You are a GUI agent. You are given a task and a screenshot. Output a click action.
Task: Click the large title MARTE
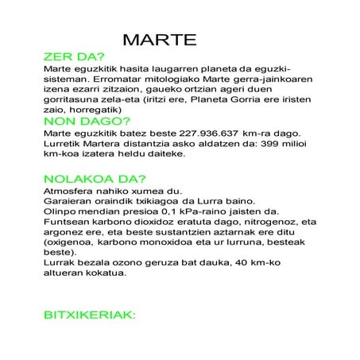pyautogui.click(x=160, y=41)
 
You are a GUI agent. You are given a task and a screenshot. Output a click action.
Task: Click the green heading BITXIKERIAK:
pyautogui.click(x=90, y=315)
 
